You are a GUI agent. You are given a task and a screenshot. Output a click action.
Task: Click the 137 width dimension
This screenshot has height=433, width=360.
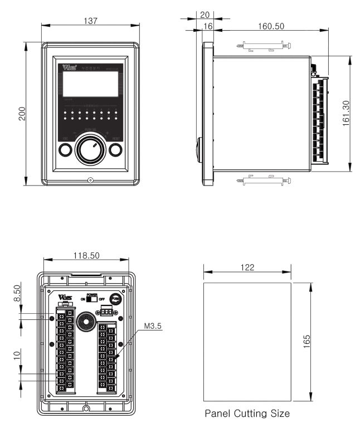coord(90,21)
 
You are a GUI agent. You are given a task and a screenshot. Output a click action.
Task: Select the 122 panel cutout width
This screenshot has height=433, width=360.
coord(247,267)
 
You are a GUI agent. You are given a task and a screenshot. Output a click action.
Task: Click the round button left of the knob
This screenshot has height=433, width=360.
coord(65,149)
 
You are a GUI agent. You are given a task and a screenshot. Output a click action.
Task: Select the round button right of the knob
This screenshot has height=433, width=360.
coord(115,149)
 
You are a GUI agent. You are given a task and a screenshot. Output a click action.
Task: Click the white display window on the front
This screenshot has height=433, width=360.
coord(90,84)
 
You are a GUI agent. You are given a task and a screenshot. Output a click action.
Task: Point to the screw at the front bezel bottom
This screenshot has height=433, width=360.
coord(90,180)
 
